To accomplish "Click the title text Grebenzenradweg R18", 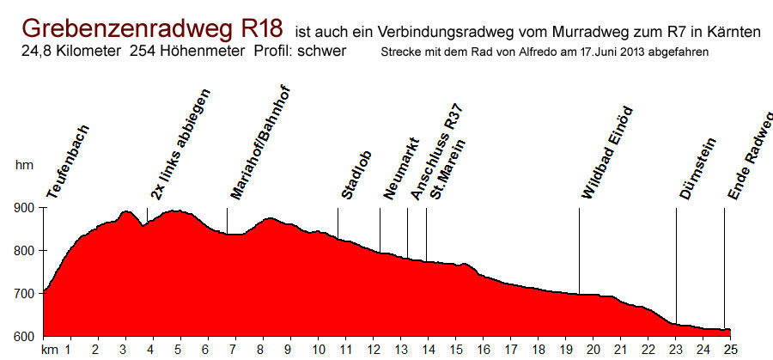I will [153, 27].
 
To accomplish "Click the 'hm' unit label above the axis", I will [23, 165].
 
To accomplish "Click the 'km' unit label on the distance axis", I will [49, 350].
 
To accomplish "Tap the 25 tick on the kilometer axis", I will [730, 350].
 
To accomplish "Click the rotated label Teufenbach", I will [68, 162].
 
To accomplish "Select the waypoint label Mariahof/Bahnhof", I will [261, 142].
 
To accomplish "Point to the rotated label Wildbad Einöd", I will [606, 152].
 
